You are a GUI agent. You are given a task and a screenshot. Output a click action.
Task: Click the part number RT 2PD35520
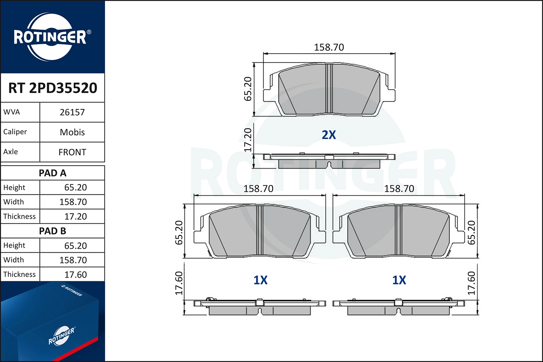(52, 88)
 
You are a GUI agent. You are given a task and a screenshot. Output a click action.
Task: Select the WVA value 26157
(72, 112)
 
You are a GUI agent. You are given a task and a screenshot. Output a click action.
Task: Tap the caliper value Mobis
(72, 132)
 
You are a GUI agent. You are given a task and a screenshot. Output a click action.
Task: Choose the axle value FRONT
(72, 152)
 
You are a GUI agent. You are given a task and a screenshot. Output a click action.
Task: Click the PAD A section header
(52, 173)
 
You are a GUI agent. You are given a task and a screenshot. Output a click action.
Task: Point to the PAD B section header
(52, 231)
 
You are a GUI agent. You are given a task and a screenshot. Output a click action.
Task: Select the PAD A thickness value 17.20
(75, 216)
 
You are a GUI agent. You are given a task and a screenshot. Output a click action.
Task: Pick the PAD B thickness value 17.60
(75, 275)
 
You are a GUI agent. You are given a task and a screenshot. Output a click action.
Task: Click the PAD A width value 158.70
(73, 202)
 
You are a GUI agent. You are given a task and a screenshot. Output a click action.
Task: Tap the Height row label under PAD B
(14, 245)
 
